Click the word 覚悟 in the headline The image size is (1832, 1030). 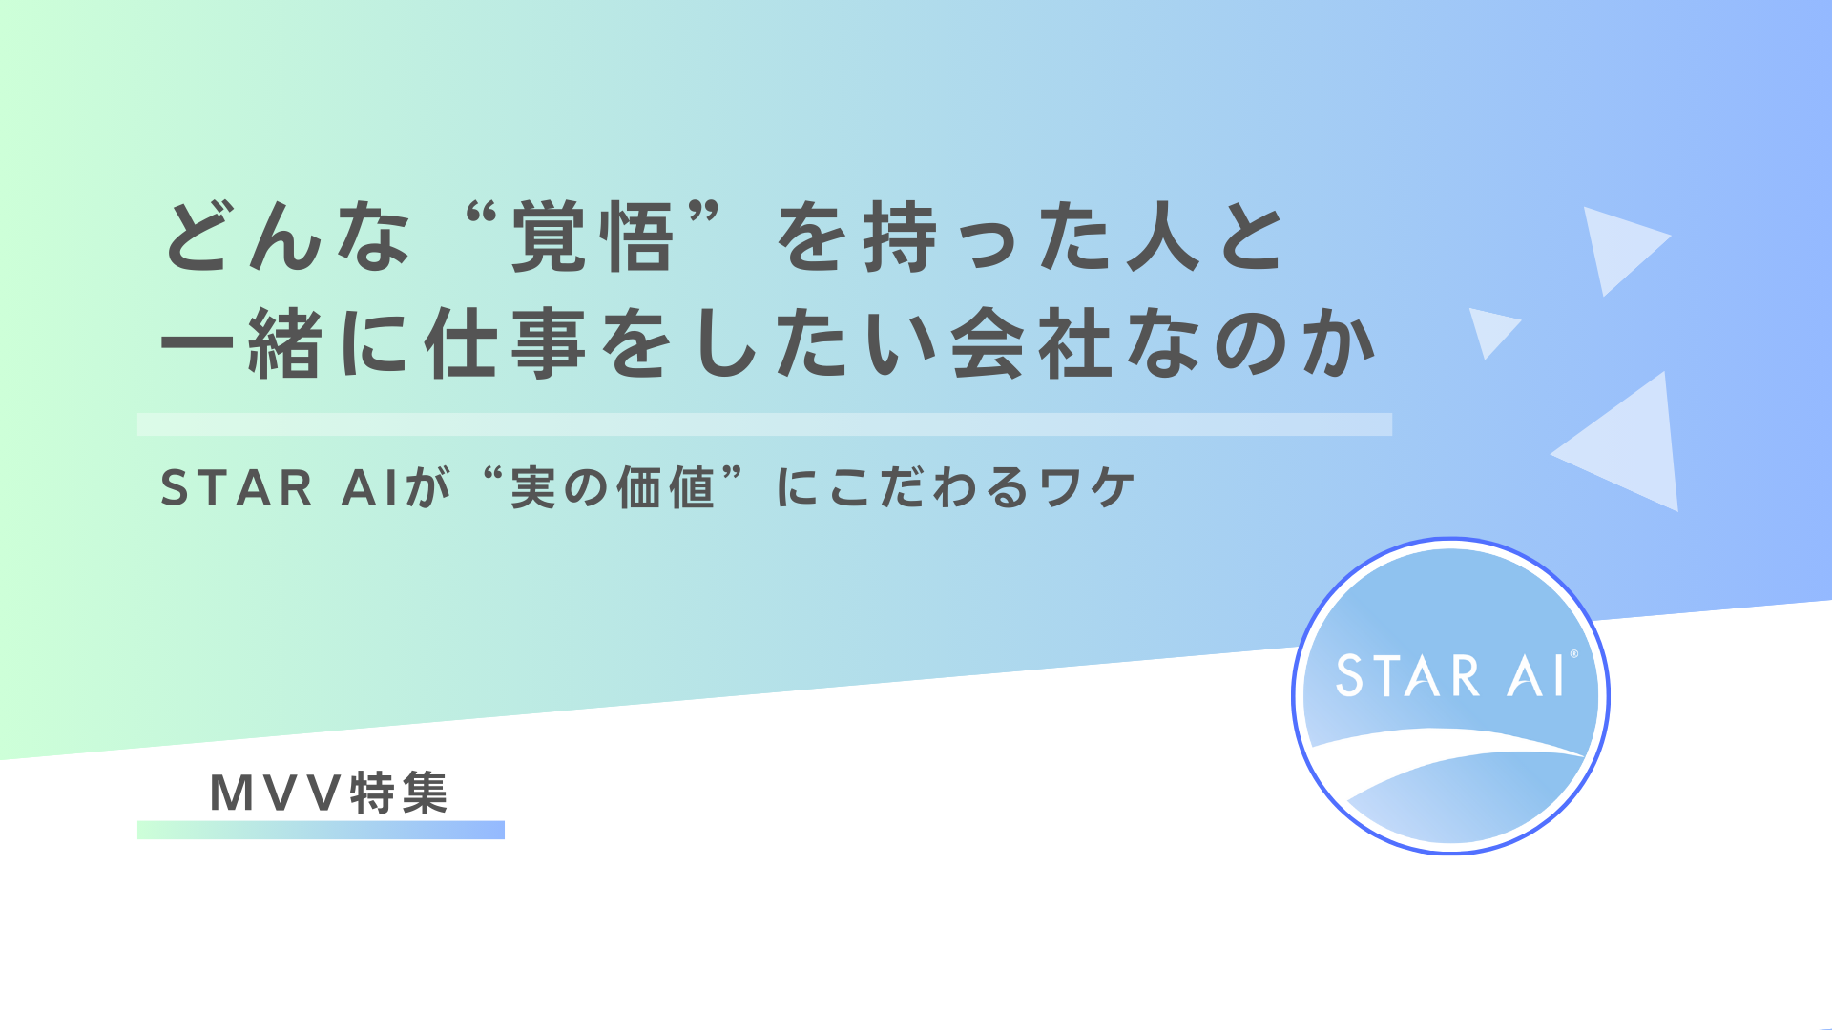(x=592, y=238)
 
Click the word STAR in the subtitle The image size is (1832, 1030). (x=237, y=488)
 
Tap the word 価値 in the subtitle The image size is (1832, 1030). (x=665, y=488)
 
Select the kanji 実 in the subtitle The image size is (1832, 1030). (x=532, y=488)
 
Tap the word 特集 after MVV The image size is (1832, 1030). (x=399, y=793)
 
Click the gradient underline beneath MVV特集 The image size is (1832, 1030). (x=321, y=830)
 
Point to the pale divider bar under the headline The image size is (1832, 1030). (x=763, y=424)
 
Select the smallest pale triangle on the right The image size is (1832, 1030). (x=1490, y=328)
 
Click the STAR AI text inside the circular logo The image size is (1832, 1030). (x=1448, y=676)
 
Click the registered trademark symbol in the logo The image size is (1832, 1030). (x=1573, y=654)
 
